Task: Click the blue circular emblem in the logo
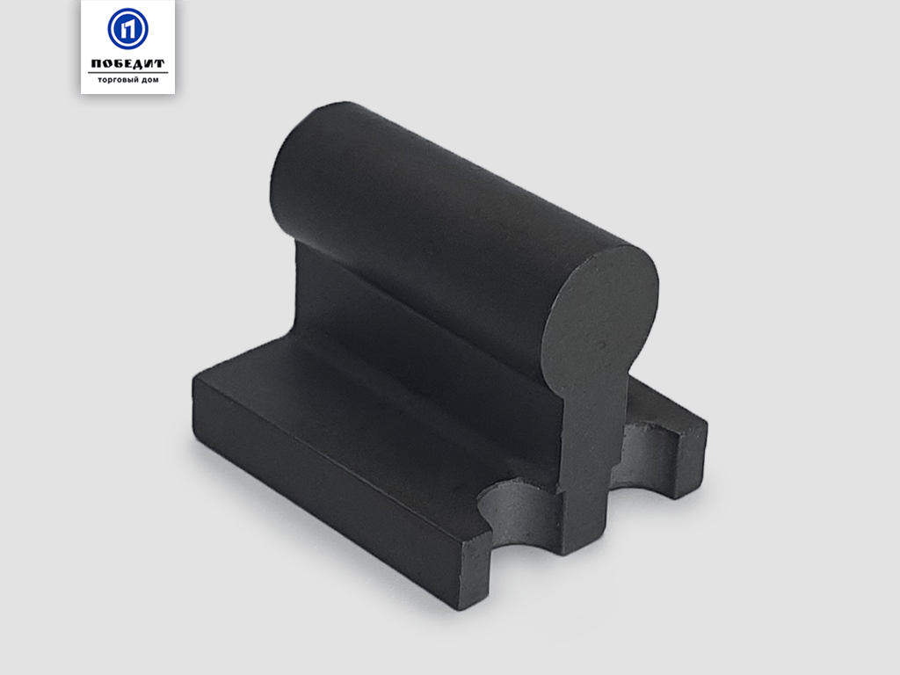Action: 127,28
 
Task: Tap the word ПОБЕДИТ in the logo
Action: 127,63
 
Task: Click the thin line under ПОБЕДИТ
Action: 127,73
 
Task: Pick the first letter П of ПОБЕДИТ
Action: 96,63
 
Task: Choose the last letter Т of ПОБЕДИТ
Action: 159,63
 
